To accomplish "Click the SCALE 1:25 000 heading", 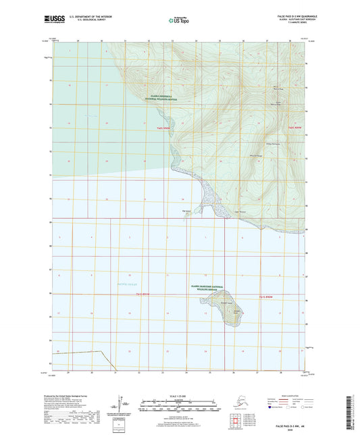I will click(179, 395).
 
